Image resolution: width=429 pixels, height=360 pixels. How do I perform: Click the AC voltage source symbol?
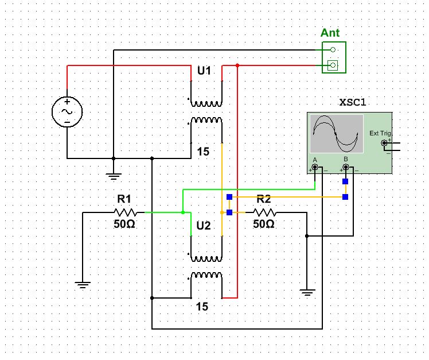(67, 112)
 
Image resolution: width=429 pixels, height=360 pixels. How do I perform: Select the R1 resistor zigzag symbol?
(125, 212)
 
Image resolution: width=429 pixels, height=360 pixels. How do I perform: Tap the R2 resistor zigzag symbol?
(264, 212)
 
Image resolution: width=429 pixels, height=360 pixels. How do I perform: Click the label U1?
(204, 71)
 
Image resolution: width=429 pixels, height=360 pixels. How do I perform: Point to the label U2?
(204, 226)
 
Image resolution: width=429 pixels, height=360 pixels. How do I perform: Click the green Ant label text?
(330, 33)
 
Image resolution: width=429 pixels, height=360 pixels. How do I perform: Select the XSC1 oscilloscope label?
(352, 102)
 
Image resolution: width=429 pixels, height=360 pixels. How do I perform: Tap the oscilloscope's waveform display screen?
(337, 134)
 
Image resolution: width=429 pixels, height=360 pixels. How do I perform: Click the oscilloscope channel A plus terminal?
(315, 167)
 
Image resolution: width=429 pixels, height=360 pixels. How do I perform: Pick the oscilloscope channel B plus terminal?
(346, 167)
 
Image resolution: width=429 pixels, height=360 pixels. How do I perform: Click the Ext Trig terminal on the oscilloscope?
(384, 143)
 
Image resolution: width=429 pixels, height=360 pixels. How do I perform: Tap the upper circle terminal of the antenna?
(333, 49)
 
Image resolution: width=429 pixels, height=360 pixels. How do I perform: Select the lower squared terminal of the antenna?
(333, 65)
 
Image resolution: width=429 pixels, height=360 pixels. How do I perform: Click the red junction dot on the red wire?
(237, 65)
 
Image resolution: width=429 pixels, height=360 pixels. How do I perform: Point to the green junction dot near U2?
(183, 212)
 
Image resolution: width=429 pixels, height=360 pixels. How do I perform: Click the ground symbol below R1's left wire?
(83, 285)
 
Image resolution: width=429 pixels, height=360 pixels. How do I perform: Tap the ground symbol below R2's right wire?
(307, 293)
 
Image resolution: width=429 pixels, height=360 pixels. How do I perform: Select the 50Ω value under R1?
(124, 224)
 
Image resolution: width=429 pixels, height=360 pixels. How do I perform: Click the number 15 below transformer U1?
(203, 152)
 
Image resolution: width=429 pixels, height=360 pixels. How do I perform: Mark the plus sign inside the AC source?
(67, 102)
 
